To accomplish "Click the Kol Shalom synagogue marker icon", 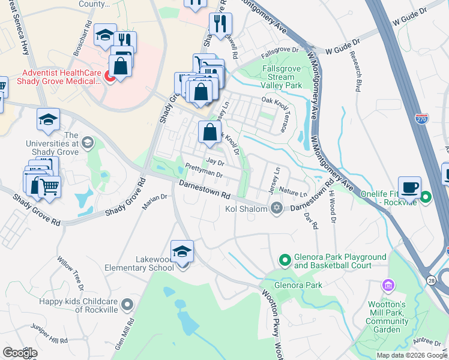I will pos(276,208).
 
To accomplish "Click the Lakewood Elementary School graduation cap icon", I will pos(182,252).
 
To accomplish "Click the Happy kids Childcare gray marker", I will pos(126,305).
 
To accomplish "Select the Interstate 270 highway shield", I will pos(421,120).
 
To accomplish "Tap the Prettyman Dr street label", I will pos(204,171).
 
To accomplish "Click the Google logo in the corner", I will pos(19,353).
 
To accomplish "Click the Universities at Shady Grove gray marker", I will pos(88,142).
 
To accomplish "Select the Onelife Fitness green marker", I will pos(426,197).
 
